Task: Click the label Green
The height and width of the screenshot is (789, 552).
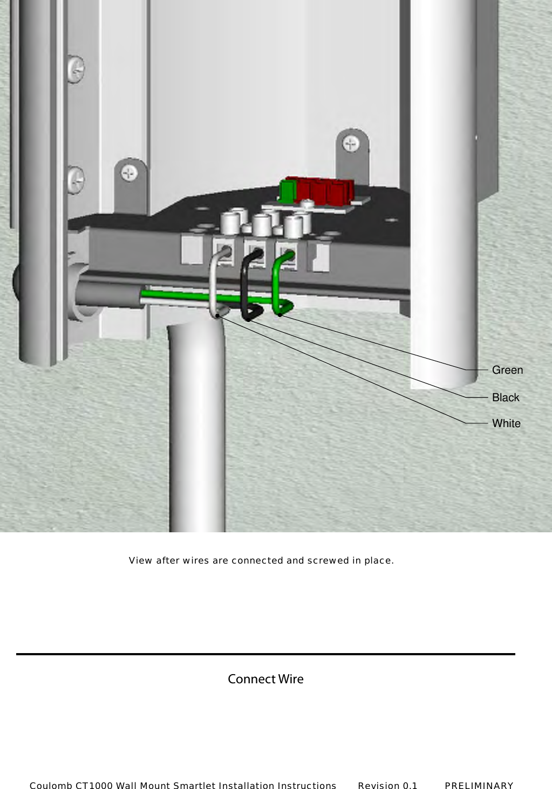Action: [x=507, y=370]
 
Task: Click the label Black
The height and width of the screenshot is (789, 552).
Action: [x=506, y=397]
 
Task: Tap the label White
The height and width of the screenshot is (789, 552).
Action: [x=506, y=423]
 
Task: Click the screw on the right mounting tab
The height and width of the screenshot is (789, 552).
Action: [x=352, y=144]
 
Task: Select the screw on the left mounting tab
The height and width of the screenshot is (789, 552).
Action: [x=129, y=173]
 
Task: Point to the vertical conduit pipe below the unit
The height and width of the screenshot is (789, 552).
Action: [x=197, y=431]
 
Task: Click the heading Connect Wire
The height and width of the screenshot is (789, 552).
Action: [x=265, y=679]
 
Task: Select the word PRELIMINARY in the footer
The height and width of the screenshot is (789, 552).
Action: [x=479, y=785]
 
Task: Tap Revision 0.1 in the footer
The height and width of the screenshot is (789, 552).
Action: [x=387, y=785]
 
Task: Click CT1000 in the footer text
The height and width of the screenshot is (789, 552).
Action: [x=94, y=785]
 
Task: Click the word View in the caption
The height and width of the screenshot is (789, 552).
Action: [x=140, y=560]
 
